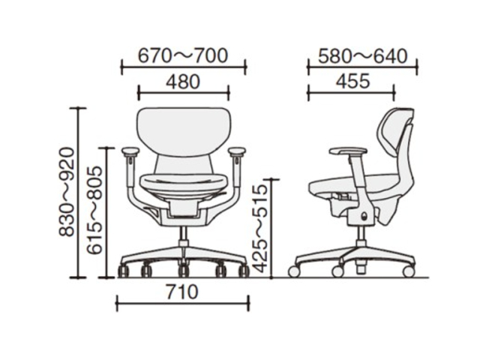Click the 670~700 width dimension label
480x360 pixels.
pos(183,56)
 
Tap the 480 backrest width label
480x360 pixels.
pos(183,82)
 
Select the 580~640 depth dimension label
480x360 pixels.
pos(363,56)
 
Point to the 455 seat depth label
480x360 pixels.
pos(353,82)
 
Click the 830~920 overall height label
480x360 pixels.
pos(67,192)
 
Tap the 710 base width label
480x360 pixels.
pos(182,292)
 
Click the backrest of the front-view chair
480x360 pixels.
pos(184,132)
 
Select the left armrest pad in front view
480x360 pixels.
pos(130,151)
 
